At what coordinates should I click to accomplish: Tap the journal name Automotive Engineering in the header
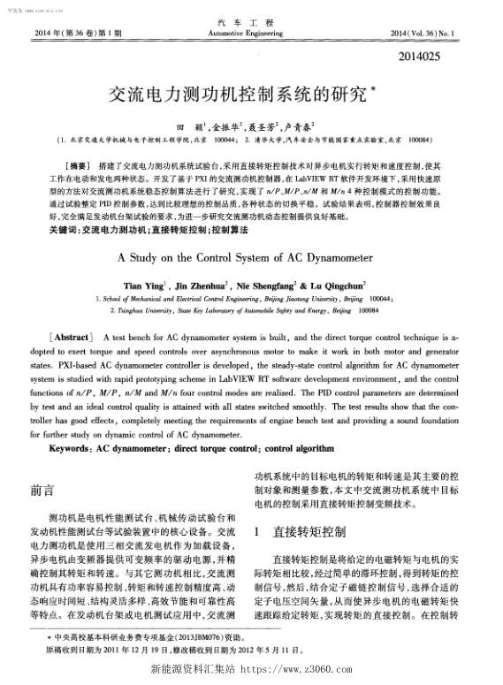tap(251, 33)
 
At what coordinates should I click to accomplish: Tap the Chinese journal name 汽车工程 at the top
tap(251, 21)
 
